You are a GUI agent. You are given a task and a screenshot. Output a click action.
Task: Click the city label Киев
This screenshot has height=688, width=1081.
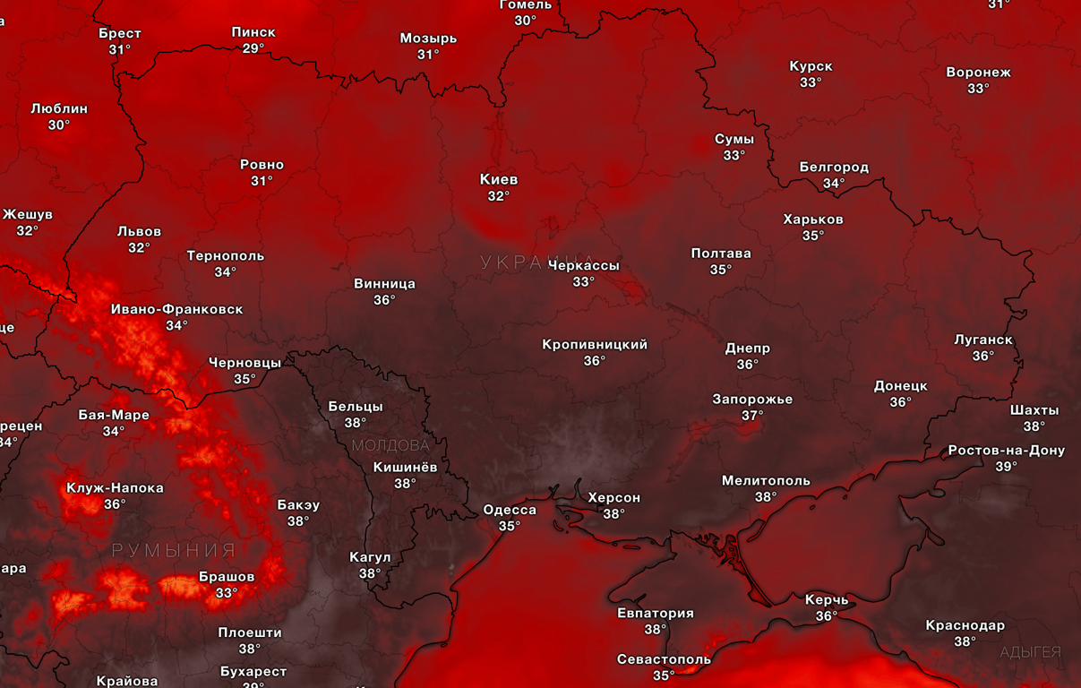pos(499,179)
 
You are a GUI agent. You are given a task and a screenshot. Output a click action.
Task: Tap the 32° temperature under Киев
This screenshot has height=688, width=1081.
pos(499,196)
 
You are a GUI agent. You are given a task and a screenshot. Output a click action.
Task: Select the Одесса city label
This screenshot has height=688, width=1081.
pos(510,510)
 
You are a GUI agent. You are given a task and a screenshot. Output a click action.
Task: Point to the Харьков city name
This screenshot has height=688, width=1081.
pos(813,219)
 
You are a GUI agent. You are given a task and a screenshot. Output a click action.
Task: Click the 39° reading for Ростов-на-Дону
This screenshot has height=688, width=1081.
pos(1006,467)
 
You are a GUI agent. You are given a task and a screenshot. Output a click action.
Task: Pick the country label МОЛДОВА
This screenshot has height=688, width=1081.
pos(390,445)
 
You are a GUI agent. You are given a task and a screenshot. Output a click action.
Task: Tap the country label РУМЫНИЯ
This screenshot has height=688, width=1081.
pos(174,550)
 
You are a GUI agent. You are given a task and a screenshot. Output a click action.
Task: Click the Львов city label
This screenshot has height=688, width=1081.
pos(140,231)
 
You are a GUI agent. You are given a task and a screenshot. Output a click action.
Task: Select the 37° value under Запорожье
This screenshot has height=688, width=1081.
pos(752,416)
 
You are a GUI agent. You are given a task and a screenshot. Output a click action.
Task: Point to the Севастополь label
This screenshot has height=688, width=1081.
pos(664,659)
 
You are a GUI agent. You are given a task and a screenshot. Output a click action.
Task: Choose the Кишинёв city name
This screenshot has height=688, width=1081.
pos(406,467)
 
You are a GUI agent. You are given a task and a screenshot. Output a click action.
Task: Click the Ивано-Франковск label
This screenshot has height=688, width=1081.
pos(176,309)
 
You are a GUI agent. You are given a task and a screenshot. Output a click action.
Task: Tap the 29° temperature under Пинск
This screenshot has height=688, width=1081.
pos(253,48)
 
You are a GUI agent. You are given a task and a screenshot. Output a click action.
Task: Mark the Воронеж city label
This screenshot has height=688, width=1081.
pos(978,73)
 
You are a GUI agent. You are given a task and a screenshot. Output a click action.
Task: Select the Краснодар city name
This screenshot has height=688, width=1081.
pos(965,625)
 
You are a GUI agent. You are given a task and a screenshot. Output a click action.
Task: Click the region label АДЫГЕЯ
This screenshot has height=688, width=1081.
pos(1030,652)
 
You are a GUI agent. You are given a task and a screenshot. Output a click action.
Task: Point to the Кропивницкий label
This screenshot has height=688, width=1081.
pos(595,345)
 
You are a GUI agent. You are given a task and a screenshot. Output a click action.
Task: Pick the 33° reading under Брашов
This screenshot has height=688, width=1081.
pos(227,593)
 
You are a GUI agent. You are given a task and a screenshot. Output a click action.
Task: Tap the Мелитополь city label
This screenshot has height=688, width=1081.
pos(766,481)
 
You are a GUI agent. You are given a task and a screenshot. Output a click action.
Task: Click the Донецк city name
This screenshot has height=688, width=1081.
pos(901,386)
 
